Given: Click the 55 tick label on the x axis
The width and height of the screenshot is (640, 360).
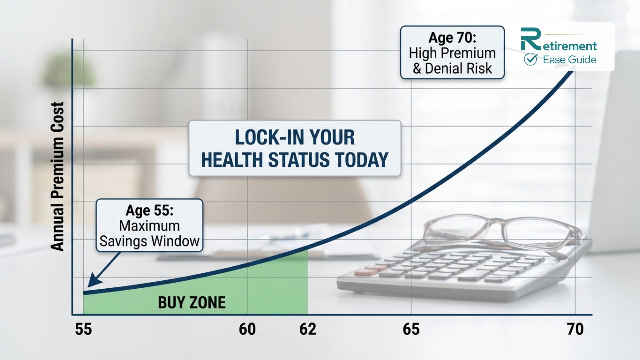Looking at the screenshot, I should tap(83, 329).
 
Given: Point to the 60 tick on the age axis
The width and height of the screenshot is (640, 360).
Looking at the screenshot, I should tap(247, 329).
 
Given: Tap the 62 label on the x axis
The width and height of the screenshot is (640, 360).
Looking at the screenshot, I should tap(307, 329).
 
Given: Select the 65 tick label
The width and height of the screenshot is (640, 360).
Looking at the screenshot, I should tap(411, 329).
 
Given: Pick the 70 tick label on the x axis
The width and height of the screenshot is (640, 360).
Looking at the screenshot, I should tap(575, 329).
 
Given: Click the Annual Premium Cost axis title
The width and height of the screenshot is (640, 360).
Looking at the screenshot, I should tap(57, 177).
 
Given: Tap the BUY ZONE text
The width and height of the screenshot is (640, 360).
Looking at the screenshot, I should tap(192, 303).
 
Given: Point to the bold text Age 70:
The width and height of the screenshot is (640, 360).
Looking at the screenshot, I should tap(452, 38).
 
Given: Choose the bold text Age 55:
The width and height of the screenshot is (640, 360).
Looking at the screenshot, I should tap(149, 210).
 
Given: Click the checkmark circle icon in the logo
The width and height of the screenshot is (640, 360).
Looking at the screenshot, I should tap(530, 59).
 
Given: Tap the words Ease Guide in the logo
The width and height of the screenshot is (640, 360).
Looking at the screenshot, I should tap(569, 60).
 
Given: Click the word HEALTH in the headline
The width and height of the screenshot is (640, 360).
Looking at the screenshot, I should tap(232, 160).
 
